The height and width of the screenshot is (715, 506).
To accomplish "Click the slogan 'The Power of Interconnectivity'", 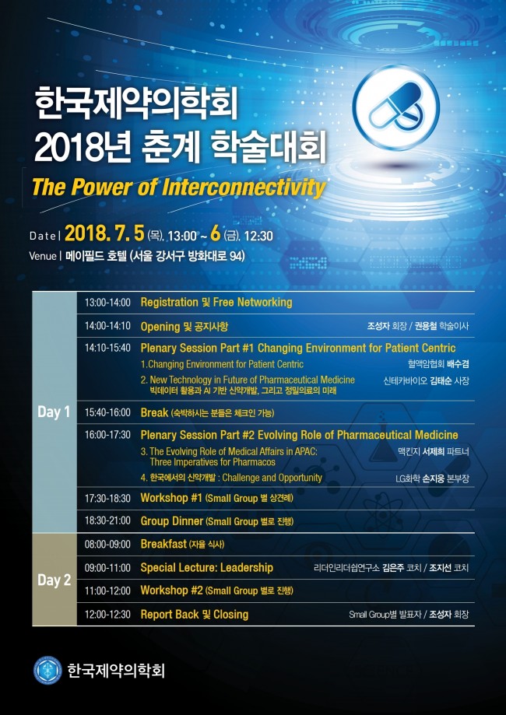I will (177, 188).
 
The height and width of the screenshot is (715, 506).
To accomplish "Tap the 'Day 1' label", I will (54, 412).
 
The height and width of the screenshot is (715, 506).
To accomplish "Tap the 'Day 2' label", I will (54, 580).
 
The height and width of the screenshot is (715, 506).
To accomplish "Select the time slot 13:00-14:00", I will (107, 302).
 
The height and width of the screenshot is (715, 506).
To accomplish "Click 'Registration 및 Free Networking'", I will (216, 302).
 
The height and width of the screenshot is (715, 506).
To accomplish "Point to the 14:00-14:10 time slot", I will (107, 326).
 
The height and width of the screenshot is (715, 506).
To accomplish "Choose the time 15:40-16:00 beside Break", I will (107, 412).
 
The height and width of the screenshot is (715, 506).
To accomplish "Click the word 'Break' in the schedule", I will (154, 412).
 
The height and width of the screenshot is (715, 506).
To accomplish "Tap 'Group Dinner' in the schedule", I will (172, 521).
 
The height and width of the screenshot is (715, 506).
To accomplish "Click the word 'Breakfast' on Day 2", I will (163, 545).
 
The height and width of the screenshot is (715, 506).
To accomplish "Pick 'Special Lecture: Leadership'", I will (206, 568).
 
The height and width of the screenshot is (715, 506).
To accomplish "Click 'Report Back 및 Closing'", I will (194, 615).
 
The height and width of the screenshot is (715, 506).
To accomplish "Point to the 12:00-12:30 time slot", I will (107, 615).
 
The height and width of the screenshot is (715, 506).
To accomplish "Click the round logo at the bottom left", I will (47, 670).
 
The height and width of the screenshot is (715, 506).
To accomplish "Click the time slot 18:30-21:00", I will (107, 521).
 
